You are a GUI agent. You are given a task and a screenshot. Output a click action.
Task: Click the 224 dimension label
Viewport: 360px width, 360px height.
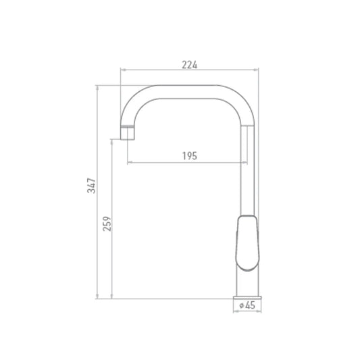pyautogui.click(x=189, y=65)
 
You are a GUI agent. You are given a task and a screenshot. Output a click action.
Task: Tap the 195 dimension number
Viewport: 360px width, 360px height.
pyautogui.click(x=190, y=156)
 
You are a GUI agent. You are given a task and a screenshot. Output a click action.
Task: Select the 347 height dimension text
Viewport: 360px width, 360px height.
pyautogui.click(x=91, y=186)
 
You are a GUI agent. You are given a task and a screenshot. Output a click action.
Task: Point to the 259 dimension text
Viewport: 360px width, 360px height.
pyautogui.click(x=107, y=224)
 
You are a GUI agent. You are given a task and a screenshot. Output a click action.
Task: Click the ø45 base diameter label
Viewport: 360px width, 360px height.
pyautogui.click(x=247, y=305)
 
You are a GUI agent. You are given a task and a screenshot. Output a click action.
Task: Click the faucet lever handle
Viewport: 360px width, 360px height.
pyautogui.click(x=247, y=243)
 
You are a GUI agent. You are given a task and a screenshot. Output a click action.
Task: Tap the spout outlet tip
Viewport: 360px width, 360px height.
pyautogui.click(x=128, y=138)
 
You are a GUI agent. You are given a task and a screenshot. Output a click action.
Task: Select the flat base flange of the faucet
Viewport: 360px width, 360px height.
pyautogui.click(x=247, y=298)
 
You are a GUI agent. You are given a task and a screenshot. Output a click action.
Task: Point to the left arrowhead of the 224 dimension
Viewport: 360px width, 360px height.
pyautogui.click(x=123, y=70)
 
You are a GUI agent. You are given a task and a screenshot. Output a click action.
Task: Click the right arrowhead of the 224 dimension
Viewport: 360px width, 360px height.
pyautogui.click(x=256, y=70)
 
